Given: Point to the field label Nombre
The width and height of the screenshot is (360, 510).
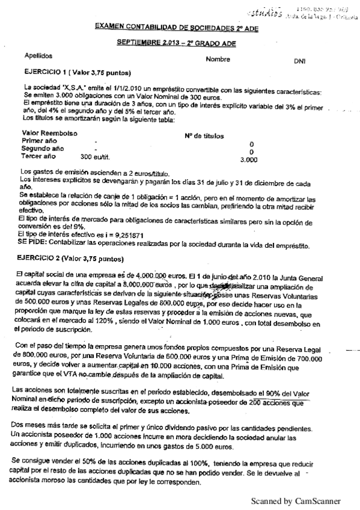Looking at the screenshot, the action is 218,60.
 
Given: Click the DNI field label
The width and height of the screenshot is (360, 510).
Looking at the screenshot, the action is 299,61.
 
